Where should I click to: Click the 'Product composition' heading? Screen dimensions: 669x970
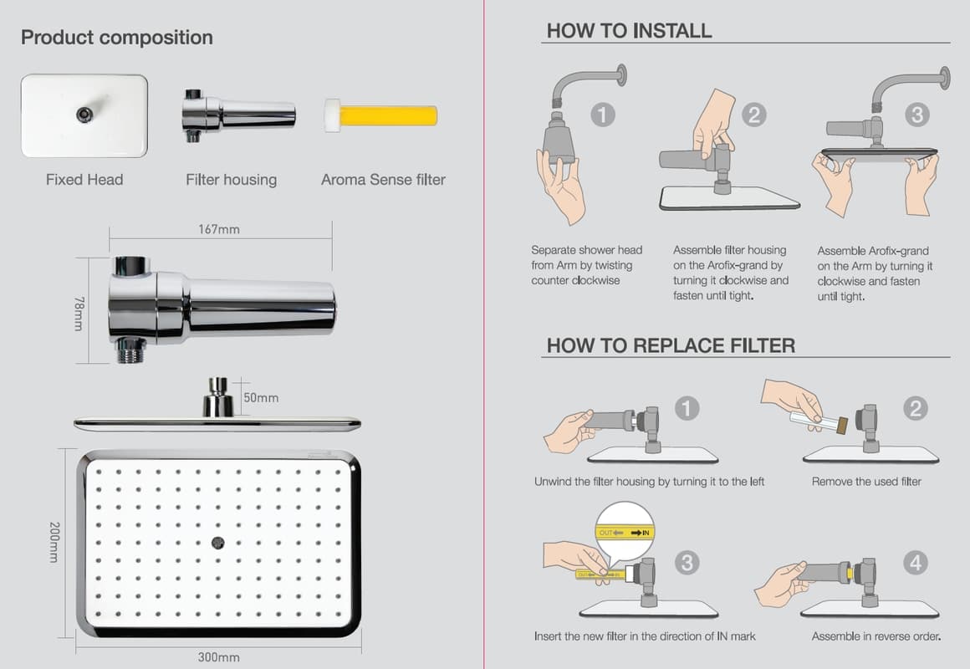(x=117, y=38)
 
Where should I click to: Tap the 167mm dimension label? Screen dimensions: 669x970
(x=219, y=229)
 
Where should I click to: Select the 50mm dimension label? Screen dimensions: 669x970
(x=261, y=397)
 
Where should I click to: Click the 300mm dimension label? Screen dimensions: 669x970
(x=219, y=656)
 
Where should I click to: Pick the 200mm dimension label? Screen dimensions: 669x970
(x=54, y=541)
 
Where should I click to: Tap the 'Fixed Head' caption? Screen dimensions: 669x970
(x=84, y=179)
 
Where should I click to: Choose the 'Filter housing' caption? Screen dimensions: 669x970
(x=231, y=179)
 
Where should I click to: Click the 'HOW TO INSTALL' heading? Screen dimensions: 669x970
(x=629, y=31)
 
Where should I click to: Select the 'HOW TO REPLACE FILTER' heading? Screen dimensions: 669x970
(x=671, y=345)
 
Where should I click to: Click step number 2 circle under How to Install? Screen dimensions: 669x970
(x=753, y=114)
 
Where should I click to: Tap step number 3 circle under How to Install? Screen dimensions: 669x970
(x=917, y=114)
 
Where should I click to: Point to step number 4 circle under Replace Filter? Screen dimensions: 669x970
(x=916, y=563)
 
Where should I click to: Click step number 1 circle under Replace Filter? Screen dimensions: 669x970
(x=687, y=408)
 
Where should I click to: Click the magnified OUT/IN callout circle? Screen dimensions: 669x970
(x=625, y=532)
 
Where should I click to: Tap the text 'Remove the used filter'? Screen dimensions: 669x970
(x=866, y=482)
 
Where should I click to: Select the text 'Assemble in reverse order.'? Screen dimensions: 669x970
(x=876, y=636)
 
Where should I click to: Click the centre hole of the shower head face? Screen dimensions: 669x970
(x=218, y=542)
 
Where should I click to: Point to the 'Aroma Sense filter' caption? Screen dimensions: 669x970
(x=383, y=179)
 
